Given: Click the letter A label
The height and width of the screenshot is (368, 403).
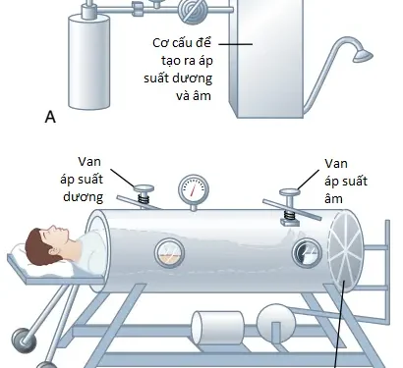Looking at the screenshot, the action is pos(50,117).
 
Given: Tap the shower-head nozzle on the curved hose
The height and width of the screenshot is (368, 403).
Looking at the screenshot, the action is pos(363,56).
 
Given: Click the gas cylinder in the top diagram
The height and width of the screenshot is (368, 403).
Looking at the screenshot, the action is pos(88,62).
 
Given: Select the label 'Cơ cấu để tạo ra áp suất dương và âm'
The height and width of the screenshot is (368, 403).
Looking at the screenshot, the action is pos(179,70).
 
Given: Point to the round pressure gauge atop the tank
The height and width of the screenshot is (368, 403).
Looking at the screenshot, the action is pos(194,189).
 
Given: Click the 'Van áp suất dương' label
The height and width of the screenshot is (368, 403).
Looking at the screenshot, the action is pos(82,180).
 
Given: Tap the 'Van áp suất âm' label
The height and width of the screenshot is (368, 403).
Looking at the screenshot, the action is pos(346,181).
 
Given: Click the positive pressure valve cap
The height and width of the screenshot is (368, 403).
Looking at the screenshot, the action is pos(144,188).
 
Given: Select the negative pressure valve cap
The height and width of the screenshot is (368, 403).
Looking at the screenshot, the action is pos(289,192).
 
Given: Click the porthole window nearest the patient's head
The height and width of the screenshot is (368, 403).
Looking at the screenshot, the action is pos(169,252).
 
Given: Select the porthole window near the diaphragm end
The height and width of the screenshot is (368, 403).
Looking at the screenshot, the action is pos(307,253).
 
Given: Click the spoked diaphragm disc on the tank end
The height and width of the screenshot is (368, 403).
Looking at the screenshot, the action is pos(346,252).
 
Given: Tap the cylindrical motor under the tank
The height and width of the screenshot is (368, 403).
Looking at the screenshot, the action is pos(218,328).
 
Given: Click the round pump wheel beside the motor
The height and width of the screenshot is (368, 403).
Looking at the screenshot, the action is pos(276,323).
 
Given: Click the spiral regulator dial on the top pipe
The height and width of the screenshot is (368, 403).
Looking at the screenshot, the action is pos(193,11).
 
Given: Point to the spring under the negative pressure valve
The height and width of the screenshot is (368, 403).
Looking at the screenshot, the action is pos(289,215).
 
